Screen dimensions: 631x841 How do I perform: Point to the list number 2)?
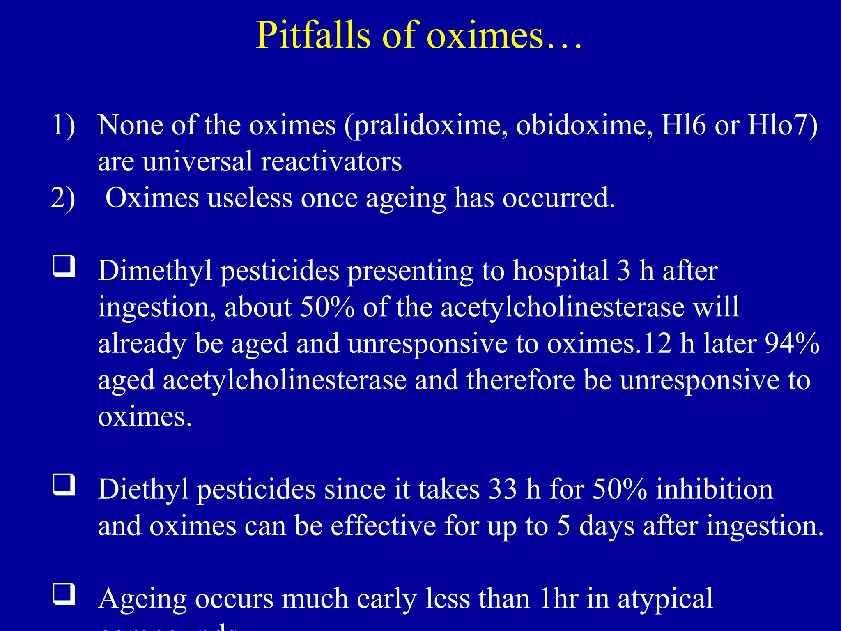point(63,198)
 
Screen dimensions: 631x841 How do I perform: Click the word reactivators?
point(331,161)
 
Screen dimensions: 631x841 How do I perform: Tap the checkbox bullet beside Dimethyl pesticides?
point(64,266)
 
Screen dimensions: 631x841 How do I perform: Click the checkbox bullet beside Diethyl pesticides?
point(64,485)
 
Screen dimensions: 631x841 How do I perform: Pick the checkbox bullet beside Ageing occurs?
point(64,594)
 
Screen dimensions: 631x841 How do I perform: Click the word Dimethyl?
point(155,271)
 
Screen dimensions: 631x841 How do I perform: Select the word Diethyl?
point(143,490)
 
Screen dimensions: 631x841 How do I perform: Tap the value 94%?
point(792,343)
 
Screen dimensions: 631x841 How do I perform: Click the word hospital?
point(561,271)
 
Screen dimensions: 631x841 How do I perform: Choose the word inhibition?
point(714,490)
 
